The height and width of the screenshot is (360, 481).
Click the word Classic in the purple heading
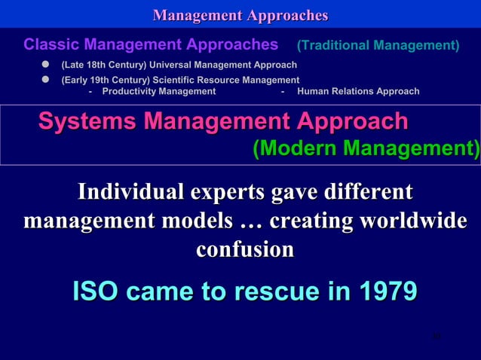(x=50, y=44)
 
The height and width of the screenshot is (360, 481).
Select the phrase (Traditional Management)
(x=378, y=46)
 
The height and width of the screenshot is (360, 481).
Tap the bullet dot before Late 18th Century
(x=45, y=66)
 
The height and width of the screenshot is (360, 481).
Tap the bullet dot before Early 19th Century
(x=45, y=79)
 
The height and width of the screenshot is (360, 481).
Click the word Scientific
(x=179, y=80)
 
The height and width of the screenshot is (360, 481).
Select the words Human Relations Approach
(x=359, y=92)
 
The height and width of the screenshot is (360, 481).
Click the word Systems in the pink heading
(x=84, y=121)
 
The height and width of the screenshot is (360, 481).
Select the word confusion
(x=244, y=249)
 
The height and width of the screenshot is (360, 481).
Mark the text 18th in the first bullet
(x=95, y=66)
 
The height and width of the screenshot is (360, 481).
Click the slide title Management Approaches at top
(x=240, y=15)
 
